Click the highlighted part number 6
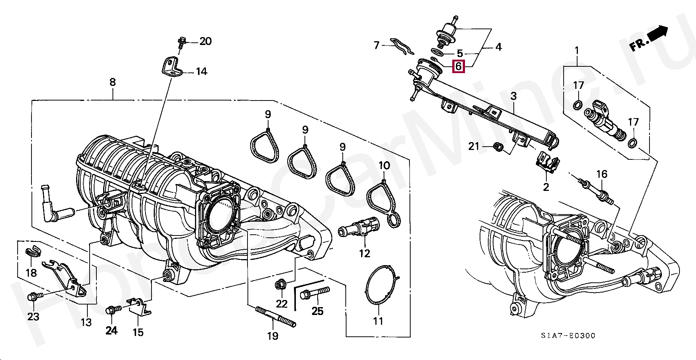458,66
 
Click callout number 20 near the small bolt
205,41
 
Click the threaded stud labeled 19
276,317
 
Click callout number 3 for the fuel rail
513,96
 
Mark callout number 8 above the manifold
113,82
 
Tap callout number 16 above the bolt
601,174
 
